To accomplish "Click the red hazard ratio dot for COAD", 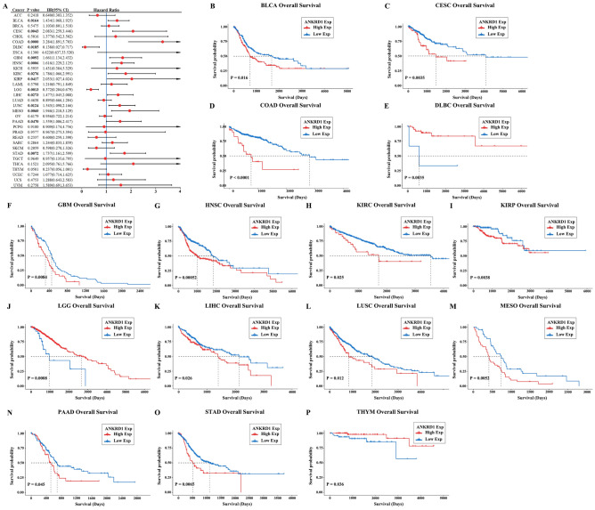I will (162, 41).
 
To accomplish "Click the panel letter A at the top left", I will (4, 5).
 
